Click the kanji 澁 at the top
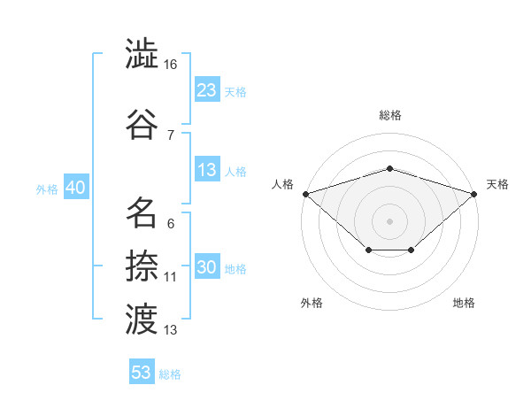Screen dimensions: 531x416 point(142,53)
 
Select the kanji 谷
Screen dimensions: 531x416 point(142,124)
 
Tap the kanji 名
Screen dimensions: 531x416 point(142,212)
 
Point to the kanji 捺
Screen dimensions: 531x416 point(142,266)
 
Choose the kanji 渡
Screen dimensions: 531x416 point(142,320)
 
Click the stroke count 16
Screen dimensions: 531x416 point(170,65)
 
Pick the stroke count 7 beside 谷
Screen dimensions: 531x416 point(171,135)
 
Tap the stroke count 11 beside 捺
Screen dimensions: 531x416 point(170,277)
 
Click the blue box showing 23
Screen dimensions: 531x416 point(208,89)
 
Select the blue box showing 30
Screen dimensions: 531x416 point(208,266)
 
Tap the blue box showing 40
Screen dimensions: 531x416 point(76,187)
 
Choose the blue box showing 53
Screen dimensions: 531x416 point(142,371)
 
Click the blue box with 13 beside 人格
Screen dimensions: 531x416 point(208,169)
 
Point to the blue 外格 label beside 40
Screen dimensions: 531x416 point(47,189)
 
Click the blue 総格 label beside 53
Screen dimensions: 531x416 point(170,374)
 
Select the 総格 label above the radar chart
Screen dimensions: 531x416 point(390,115)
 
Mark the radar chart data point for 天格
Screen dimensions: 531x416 point(474,194)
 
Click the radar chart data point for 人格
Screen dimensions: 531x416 point(306,194)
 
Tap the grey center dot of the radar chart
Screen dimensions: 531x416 point(389,221)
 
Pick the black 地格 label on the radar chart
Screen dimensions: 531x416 point(464,303)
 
